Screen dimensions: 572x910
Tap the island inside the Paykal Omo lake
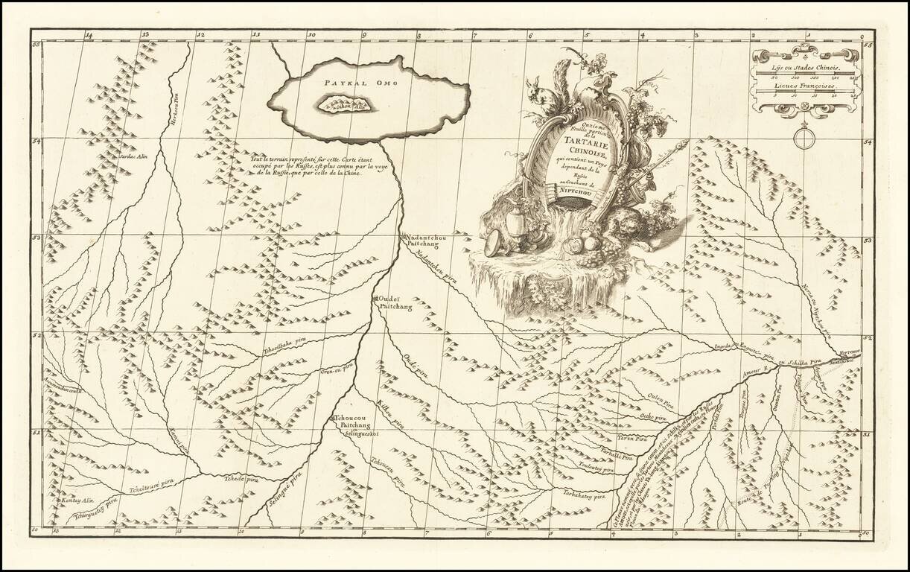tap(344, 105)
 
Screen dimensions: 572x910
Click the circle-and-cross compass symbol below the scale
tap(804, 137)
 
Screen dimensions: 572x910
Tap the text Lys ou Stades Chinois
tap(803, 68)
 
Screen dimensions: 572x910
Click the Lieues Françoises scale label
tap(803, 88)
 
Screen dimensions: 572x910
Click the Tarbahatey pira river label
tap(583, 494)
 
